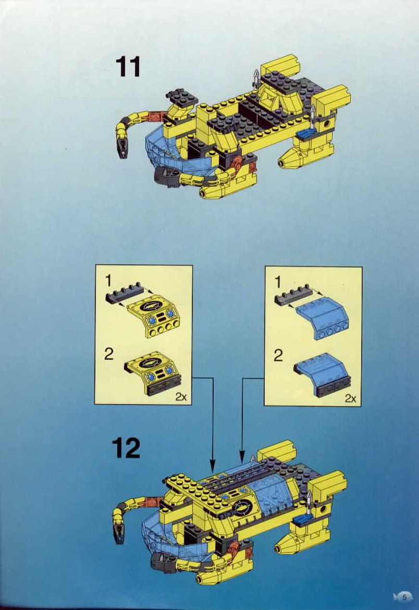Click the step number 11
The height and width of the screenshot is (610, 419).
(128, 67)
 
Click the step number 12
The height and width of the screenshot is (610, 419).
(126, 448)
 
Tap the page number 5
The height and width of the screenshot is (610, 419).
(404, 597)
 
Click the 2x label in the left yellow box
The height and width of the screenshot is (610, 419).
(180, 396)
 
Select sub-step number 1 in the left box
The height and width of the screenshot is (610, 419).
(108, 281)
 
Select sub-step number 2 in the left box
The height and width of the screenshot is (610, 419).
(108, 354)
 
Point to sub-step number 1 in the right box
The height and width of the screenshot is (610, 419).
(278, 282)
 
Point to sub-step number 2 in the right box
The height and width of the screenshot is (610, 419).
(278, 356)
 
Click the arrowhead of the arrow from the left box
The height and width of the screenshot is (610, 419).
(213, 467)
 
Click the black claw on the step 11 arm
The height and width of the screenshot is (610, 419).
(122, 148)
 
